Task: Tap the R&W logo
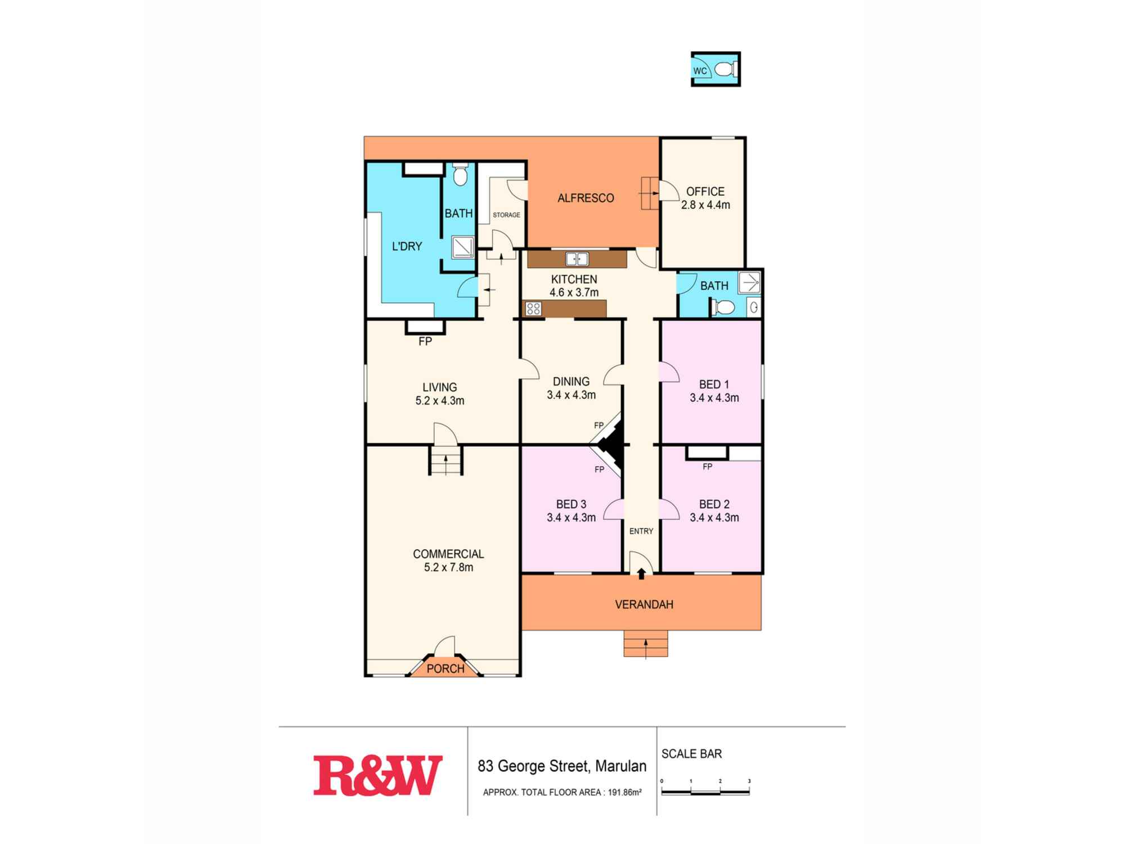tap(377, 776)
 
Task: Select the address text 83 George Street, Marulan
tap(562, 766)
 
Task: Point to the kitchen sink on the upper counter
tap(577, 259)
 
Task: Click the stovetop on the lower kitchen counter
tap(533, 308)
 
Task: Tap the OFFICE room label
tap(705, 192)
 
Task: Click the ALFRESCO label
tap(586, 198)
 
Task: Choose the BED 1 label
tap(714, 384)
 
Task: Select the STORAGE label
tap(506, 215)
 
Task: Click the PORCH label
tap(445, 668)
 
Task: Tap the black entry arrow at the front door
tap(641, 573)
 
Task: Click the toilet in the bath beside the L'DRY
tap(460, 176)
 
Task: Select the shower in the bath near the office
tap(749, 282)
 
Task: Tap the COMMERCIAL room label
tap(448, 554)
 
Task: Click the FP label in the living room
tap(425, 341)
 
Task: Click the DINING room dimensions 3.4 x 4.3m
tap(571, 395)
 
